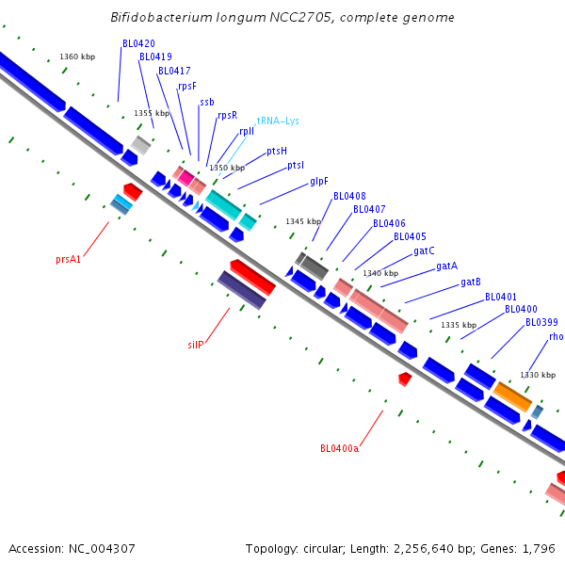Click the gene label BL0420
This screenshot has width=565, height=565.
(x=138, y=43)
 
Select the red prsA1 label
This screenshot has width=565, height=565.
(x=68, y=259)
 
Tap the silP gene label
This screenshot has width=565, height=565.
(x=195, y=345)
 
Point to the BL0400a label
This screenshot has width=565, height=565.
(x=339, y=448)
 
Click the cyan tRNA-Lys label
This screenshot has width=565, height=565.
(x=278, y=121)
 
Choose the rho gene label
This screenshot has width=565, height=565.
(x=556, y=336)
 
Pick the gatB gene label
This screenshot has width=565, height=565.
(x=471, y=282)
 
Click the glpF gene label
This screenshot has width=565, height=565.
(x=319, y=181)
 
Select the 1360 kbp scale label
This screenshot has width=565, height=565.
(x=77, y=56)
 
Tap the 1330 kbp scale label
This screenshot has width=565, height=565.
(x=538, y=375)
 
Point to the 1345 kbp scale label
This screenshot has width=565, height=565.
(x=303, y=221)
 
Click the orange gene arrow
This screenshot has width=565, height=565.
(x=513, y=395)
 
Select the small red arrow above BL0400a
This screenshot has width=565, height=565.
(x=405, y=379)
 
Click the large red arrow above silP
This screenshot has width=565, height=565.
(x=252, y=277)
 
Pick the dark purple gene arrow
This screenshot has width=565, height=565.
(x=241, y=290)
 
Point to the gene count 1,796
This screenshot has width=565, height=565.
(x=540, y=548)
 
